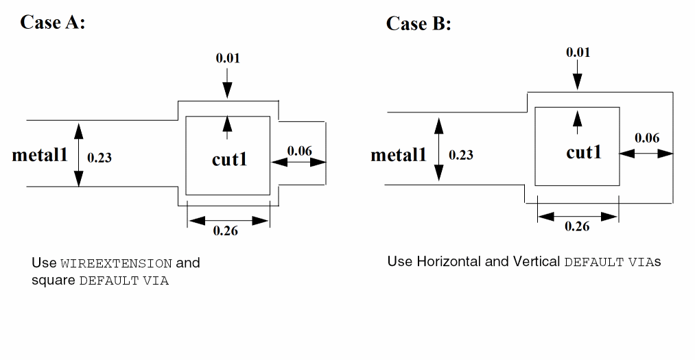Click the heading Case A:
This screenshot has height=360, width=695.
(52, 22)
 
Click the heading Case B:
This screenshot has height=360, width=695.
(419, 23)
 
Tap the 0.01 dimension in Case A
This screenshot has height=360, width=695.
(228, 58)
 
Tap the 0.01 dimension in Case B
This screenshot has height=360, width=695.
(578, 52)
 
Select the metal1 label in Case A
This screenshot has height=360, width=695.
(40, 155)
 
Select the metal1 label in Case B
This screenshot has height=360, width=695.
(399, 155)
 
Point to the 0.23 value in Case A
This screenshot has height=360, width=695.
(99, 157)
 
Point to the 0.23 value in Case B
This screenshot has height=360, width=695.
(461, 155)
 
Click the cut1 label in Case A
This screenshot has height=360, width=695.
(229, 160)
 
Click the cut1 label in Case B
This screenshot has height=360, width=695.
(584, 152)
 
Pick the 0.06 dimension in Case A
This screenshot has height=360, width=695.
(299, 150)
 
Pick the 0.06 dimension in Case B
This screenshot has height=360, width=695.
(647, 138)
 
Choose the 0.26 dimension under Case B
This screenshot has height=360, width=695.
(577, 226)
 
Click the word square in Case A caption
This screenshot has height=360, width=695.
(52, 280)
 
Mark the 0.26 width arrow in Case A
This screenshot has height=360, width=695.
(228, 220)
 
